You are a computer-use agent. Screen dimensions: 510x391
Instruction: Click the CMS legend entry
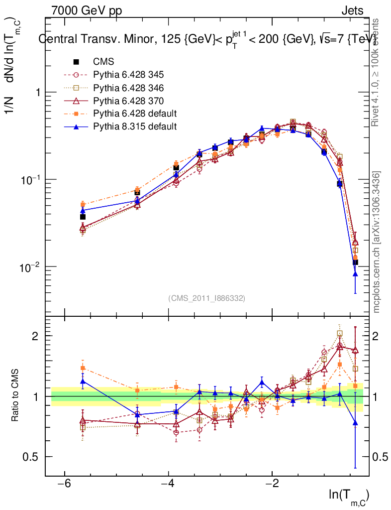point(103,62)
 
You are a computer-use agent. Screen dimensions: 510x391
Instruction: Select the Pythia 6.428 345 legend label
point(128,75)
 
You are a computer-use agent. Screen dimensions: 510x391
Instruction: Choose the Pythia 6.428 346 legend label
point(128,88)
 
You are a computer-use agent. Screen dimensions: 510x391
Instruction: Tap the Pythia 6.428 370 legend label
point(128,101)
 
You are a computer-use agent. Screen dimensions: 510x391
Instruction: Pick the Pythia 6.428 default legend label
point(134,114)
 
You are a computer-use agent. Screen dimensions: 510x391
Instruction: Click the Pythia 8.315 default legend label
point(134,127)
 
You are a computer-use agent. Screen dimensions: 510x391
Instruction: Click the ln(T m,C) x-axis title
point(349,495)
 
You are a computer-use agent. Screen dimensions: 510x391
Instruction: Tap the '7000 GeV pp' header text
point(86,10)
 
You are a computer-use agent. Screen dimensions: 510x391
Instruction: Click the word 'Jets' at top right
point(352,10)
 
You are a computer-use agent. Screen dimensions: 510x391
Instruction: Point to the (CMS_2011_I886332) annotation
point(207,298)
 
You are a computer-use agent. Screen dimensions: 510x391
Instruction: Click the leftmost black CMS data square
point(83,217)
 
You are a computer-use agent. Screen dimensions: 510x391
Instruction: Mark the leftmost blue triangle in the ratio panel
point(83,382)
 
